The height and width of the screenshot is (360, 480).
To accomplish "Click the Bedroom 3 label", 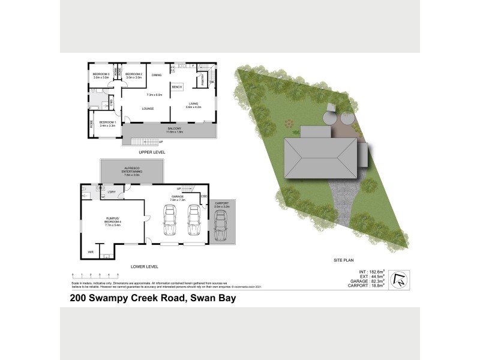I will pyautogui.click(x=101, y=76).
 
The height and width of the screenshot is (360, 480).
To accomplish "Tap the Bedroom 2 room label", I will pyautogui.click(x=133, y=76).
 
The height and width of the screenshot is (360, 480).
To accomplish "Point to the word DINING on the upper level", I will pyautogui.click(x=157, y=75).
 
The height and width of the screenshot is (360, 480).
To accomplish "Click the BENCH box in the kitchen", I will pyautogui.click(x=176, y=88).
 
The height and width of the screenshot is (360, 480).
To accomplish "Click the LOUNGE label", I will pyautogui.click(x=148, y=109).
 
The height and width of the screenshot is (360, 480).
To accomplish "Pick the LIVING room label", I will pyautogui.click(x=193, y=105).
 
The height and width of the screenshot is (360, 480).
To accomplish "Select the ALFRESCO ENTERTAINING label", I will pyautogui.click(x=132, y=171).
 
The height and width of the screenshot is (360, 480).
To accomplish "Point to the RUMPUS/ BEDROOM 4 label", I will pyautogui.click(x=113, y=221).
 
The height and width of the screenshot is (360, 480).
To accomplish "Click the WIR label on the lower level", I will pyautogui.click(x=91, y=252).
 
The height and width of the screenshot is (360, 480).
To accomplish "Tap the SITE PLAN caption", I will pyautogui.click(x=345, y=260).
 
